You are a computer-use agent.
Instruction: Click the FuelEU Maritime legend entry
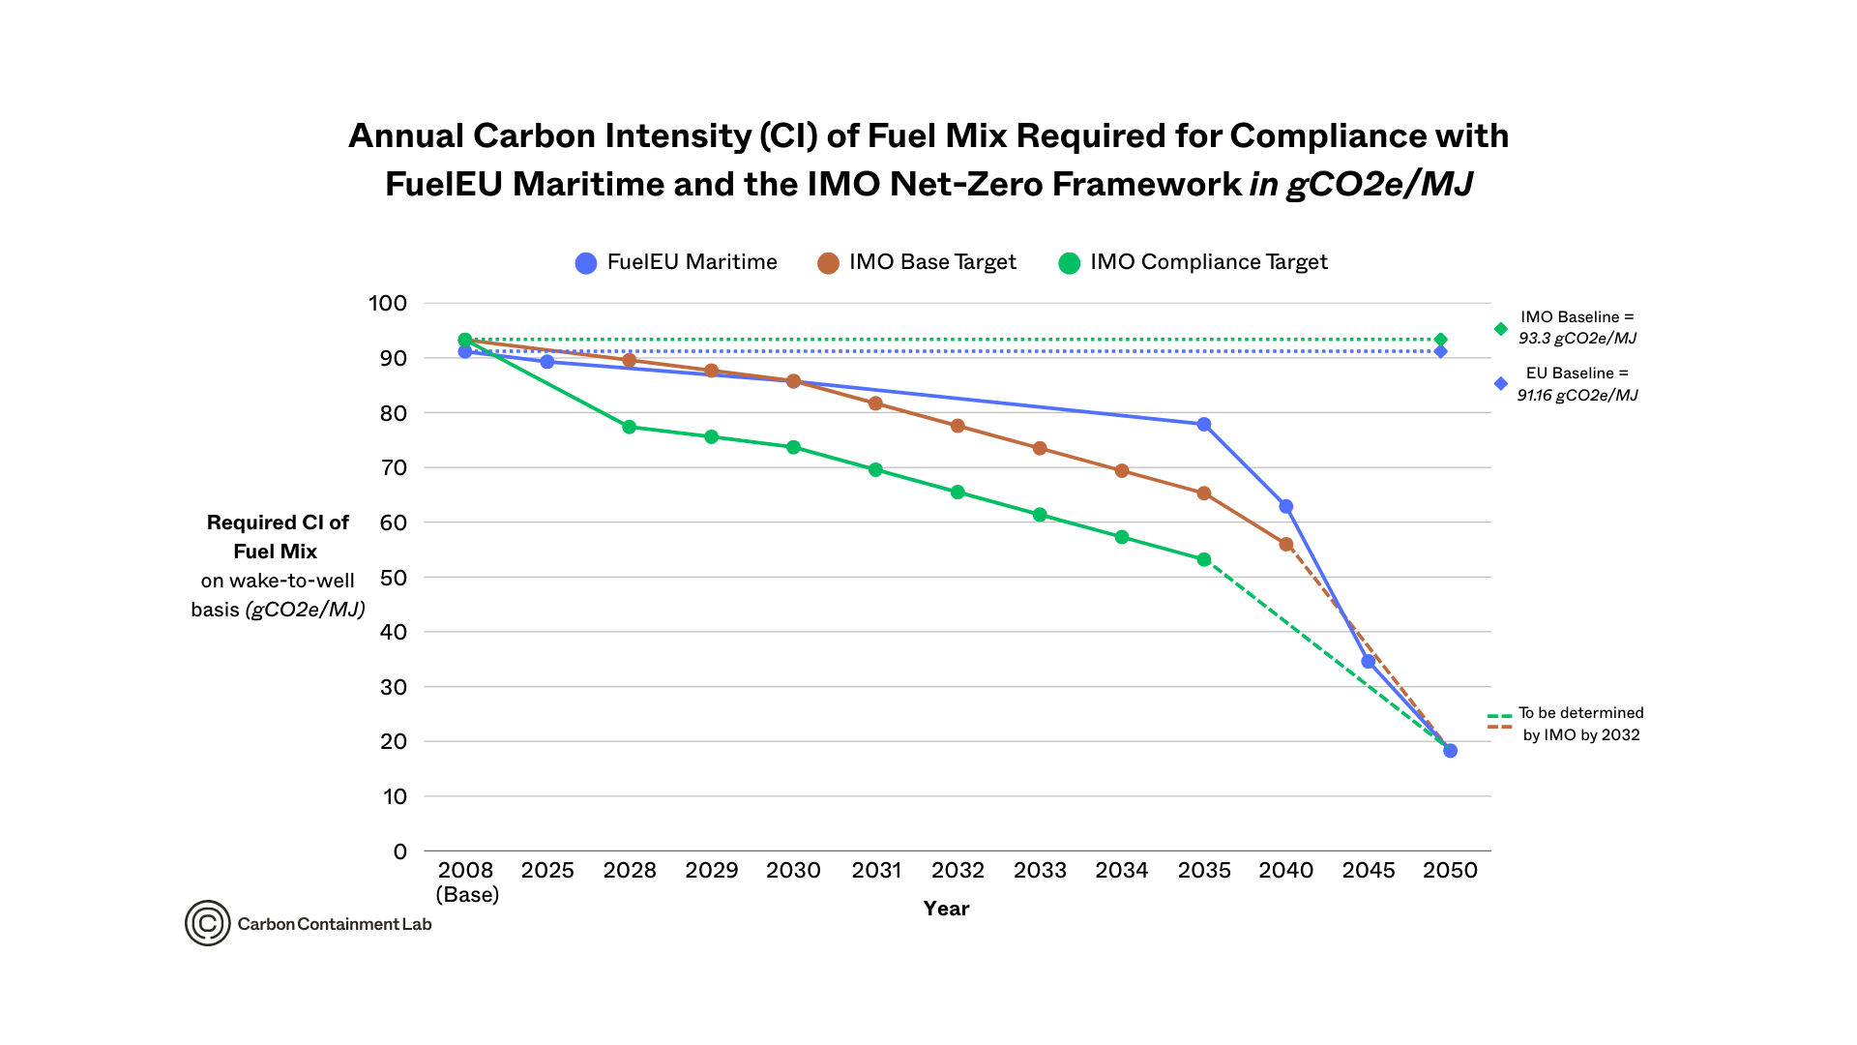(677, 262)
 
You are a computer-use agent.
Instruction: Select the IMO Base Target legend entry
(917, 262)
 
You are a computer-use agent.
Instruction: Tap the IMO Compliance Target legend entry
(1194, 262)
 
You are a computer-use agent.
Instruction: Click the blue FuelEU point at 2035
(1204, 425)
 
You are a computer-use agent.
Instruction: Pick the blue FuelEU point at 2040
(1286, 507)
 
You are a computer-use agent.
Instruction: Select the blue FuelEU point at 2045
(1369, 662)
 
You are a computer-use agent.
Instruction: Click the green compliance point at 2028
(630, 427)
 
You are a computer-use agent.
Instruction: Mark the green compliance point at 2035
(1204, 560)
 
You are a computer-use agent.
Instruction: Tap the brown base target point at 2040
(1286, 545)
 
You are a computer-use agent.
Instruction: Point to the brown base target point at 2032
(958, 426)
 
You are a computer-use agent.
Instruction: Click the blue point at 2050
(1450, 751)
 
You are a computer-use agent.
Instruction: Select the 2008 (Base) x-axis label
(466, 881)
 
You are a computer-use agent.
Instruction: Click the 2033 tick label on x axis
(1040, 871)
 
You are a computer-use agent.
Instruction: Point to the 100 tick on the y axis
(388, 303)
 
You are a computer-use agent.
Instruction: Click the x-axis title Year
(946, 909)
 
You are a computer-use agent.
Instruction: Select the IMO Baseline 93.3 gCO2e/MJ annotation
(1577, 328)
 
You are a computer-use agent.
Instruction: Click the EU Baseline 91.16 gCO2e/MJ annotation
(1577, 384)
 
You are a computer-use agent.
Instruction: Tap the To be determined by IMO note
(1580, 724)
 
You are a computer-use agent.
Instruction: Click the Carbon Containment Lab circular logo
(207, 923)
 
